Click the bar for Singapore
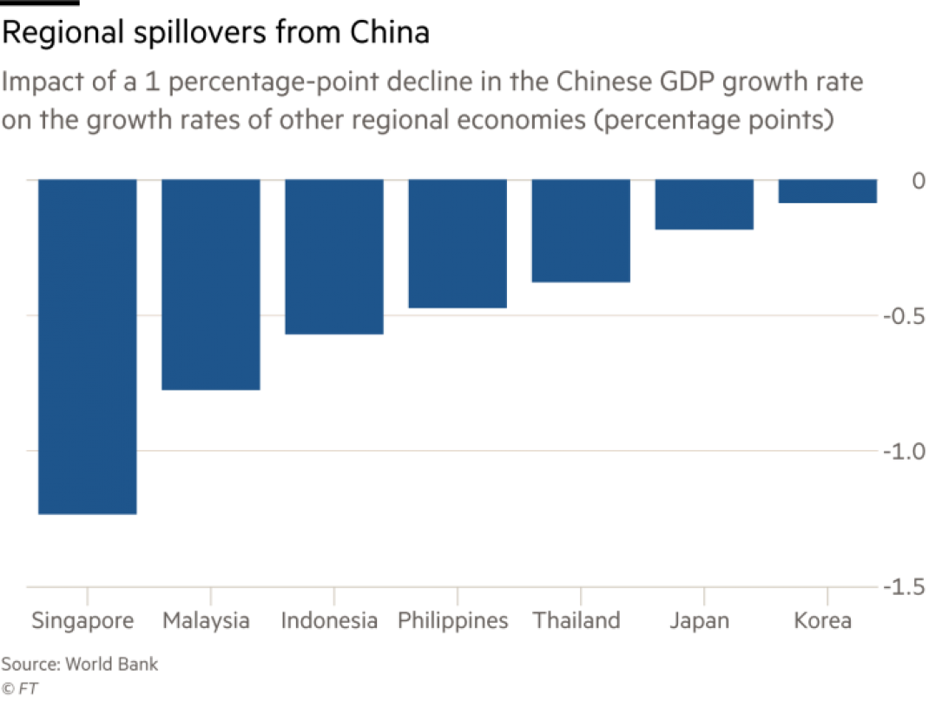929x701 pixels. click(x=87, y=347)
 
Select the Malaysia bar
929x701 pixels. click(x=211, y=284)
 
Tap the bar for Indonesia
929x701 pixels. click(x=334, y=256)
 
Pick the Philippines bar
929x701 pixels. click(x=458, y=244)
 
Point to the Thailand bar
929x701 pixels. click(x=581, y=230)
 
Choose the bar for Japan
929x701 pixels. click(x=704, y=204)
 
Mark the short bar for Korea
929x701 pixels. click(x=827, y=190)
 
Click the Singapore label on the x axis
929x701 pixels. click(x=83, y=621)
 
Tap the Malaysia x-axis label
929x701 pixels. click(x=207, y=621)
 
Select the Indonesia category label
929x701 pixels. click(x=330, y=621)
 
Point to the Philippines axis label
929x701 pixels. click(x=452, y=621)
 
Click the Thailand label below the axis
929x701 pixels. click(x=577, y=621)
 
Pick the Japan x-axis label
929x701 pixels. click(x=700, y=621)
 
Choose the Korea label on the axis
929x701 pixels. click(x=823, y=621)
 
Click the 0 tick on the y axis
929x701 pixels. click(x=895, y=181)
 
